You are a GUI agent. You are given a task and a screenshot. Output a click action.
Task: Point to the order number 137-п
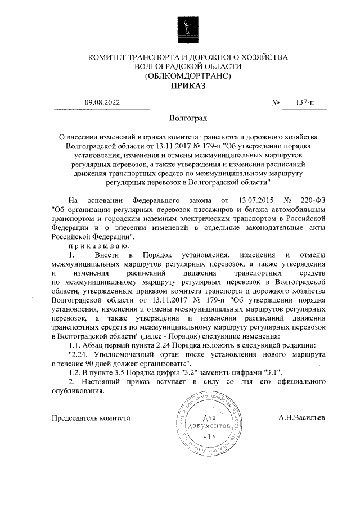(305, 102)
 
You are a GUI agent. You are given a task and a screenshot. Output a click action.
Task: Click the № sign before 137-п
(276, 102)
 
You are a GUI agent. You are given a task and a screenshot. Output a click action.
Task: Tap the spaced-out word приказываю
(99, 245)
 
